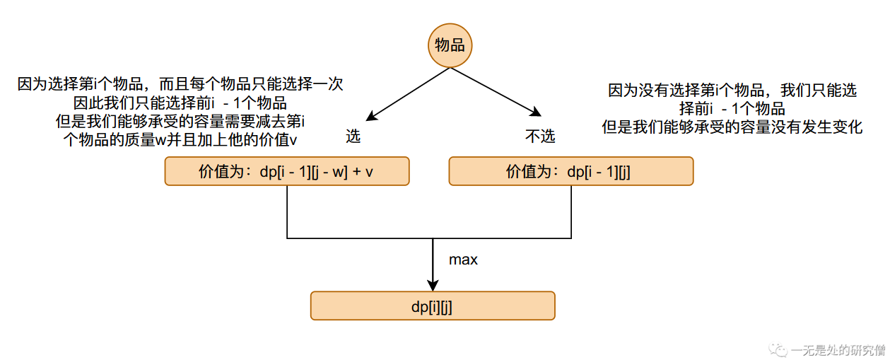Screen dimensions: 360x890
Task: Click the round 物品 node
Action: [450, 46]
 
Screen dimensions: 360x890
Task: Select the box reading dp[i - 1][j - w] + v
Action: [287, 171]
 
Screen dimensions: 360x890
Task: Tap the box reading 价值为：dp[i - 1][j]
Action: [571, 171]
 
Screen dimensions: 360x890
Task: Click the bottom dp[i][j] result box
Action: [433, 306]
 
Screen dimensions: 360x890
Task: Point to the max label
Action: [464, 260]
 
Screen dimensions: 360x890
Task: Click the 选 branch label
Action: [353, 137]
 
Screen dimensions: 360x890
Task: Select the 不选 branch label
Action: [540, 137]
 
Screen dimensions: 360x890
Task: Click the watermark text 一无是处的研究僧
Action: [839, 349]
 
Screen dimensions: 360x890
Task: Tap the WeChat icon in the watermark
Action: [779, 349]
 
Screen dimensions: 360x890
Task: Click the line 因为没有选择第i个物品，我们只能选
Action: [732, 91]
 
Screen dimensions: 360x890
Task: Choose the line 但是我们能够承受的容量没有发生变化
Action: [732, 127]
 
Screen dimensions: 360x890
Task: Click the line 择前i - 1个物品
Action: [732, 109]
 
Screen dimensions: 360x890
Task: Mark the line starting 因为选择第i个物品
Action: [180, 84]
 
